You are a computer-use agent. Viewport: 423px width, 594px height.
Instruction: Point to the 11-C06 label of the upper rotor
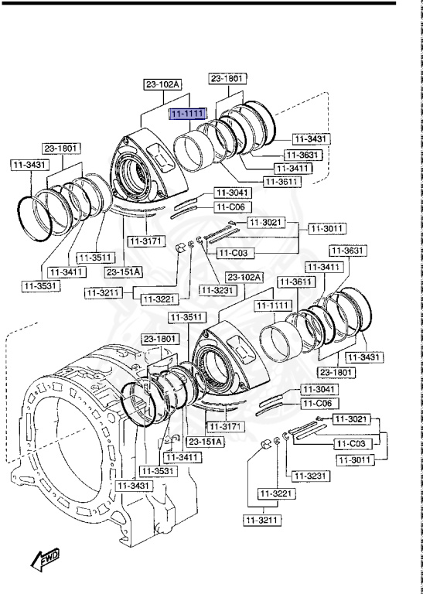(230, 207)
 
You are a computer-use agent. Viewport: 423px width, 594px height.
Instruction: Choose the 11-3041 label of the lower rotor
(317, 389)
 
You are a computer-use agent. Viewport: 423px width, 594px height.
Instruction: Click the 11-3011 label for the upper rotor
(327, 228)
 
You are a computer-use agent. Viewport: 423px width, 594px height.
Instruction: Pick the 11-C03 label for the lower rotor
(351, 444)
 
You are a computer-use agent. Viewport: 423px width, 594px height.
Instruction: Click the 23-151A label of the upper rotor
(123, 271)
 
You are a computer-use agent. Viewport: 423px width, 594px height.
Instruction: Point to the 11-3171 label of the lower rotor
(224, 427)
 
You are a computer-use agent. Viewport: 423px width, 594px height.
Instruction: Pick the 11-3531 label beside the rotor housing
(158, 470)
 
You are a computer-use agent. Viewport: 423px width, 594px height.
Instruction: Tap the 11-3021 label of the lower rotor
(352, 418)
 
